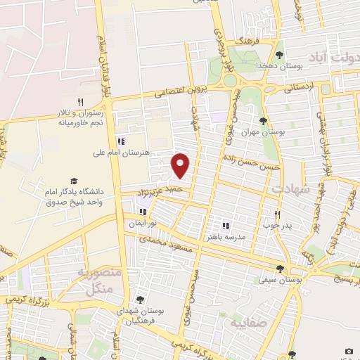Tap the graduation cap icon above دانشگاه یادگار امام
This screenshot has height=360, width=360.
coord(73,181)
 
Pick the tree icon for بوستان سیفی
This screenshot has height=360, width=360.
coord(281,269)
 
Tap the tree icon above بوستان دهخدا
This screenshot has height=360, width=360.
coord(280,54)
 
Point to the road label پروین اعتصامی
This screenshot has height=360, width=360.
coord(178,92)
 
